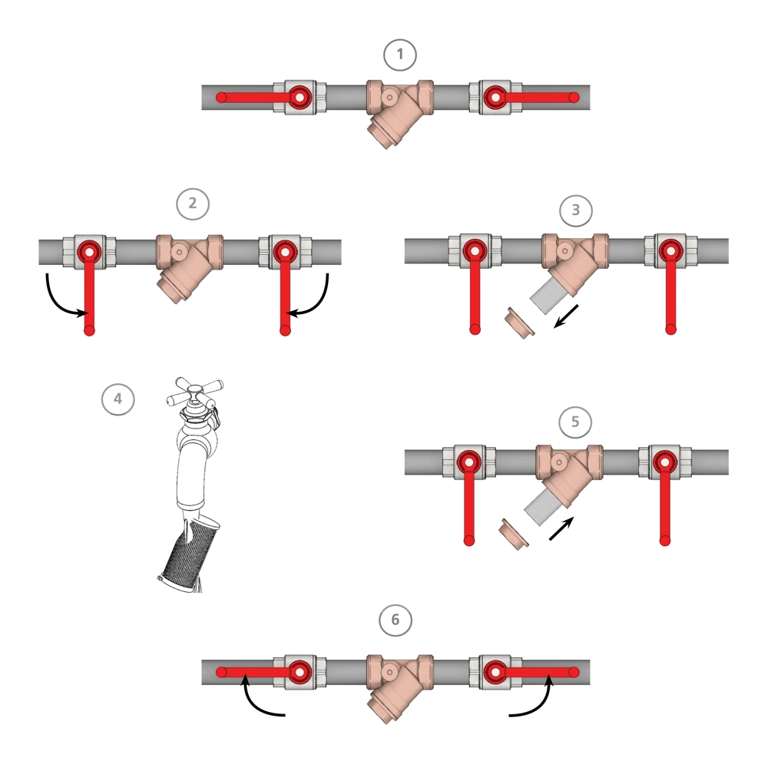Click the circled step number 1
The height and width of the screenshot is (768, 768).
click(399, 55)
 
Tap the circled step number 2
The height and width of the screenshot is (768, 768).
click(193, 204)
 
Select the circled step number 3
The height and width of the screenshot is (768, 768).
click(575, 210)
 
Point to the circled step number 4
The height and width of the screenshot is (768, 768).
click(118, 399)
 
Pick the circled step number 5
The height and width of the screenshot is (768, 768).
click(575, 422)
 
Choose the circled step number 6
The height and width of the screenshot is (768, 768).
click(396, 620)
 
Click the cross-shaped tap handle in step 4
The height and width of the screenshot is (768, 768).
click(194, 392)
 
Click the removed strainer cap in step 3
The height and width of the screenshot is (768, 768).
click(520, 324)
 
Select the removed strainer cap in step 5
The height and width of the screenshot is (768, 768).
click(513, 535)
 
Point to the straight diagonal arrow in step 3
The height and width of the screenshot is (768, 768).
click(566, 316)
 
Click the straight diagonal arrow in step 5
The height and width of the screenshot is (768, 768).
click(561, 528)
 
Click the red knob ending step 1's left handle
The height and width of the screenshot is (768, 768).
click(221, 98)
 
